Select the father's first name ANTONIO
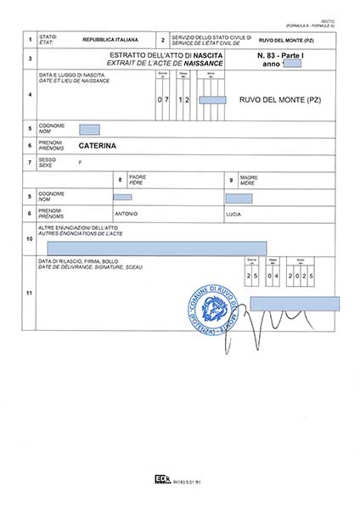[x=126, y=213]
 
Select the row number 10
[x=30, y=238]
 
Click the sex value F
[x=80, y=161]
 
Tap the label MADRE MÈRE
[x=248, y=179]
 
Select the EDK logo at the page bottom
[x=161, y=479]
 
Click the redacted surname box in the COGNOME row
[x=89, y=129]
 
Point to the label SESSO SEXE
[x=48, y=161]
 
